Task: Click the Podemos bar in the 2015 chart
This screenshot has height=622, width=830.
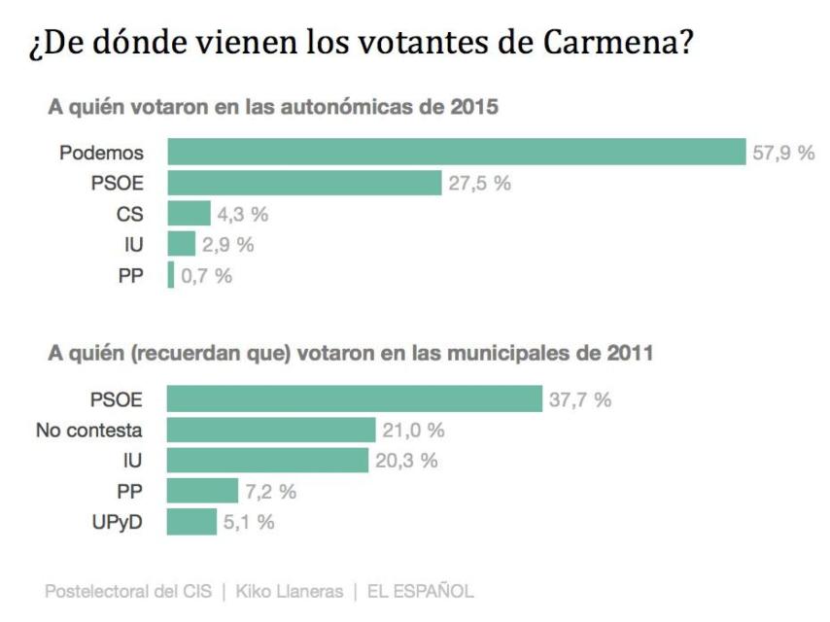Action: coord(456,153)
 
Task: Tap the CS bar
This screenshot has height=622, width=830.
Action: coord(189,214)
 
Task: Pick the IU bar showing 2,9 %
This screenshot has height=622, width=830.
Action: coord(182,244)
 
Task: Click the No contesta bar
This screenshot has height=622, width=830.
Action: coord(271,430)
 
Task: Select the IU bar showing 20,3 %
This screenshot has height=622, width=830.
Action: coord(268,461)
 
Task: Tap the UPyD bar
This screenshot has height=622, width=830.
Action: coord(191,522)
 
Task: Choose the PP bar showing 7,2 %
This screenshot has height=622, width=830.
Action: coord(202,491)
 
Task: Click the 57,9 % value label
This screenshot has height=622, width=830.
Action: coord(782,153)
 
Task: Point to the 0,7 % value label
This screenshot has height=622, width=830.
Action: coord(206,276)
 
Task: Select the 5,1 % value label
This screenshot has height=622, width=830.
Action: coord(249,522)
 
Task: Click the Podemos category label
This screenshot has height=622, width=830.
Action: coord(101,153)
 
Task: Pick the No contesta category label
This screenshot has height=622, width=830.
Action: coord(88,430)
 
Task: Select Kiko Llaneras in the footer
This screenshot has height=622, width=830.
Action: coord(290,590)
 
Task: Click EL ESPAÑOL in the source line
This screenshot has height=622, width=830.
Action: coord(420,590)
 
